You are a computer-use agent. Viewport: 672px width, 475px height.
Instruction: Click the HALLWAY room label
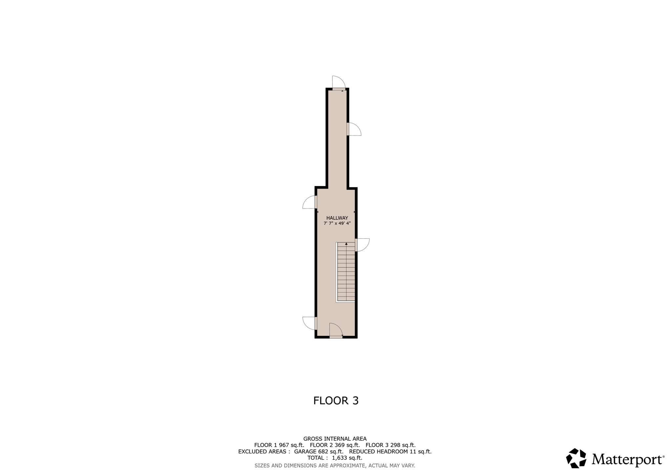pyautogui.click(x=337, y=218)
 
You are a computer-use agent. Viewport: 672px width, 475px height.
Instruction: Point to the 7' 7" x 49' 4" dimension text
pyautogui.click(x=337, y=223)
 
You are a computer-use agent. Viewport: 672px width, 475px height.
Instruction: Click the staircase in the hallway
pyautogui.click(x=346, y=272)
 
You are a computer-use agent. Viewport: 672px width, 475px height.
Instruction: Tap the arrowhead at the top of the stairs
pyautogui.click(x=346, y=244)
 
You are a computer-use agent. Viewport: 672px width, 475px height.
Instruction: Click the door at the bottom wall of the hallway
pyautogui.click(x=336, y=330)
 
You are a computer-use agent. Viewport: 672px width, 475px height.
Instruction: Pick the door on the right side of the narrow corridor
pyautogui.click(x=354, y=129)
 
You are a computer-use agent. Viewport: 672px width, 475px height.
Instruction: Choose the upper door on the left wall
pyautogui.click(x=310, y=202)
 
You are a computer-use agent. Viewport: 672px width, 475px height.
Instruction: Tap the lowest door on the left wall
pyautogui.click(x=310, y=323)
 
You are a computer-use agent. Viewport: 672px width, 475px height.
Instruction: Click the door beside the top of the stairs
pyautogui.click(x=362, y=245)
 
